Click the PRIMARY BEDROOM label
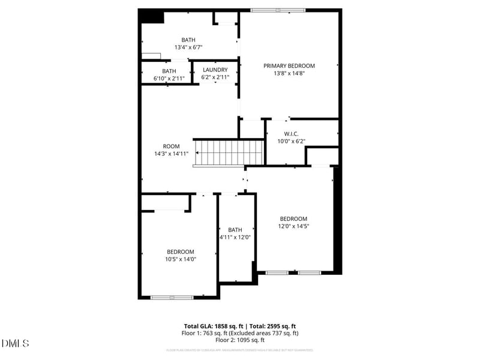click(289, 66)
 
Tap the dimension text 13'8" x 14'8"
click(289, 73)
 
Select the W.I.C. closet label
click(291, 134)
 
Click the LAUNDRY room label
click(215, 70)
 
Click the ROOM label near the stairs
click(171, 146)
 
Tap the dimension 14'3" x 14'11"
click(171, 154)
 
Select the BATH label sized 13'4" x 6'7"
click(188, 40)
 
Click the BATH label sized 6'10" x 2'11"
click(169, 71)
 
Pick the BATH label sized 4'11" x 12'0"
click(235, 230)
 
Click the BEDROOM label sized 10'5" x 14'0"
click(180, 251)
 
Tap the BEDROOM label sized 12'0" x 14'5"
click(293, 219)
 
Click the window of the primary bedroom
click(278, 10)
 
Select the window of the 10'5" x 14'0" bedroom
click(172, 297)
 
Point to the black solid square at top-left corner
click(152, 16)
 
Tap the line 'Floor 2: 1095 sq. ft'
click(240, 340)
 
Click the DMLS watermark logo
click(16, 343)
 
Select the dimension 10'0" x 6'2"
click(291, 141)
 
